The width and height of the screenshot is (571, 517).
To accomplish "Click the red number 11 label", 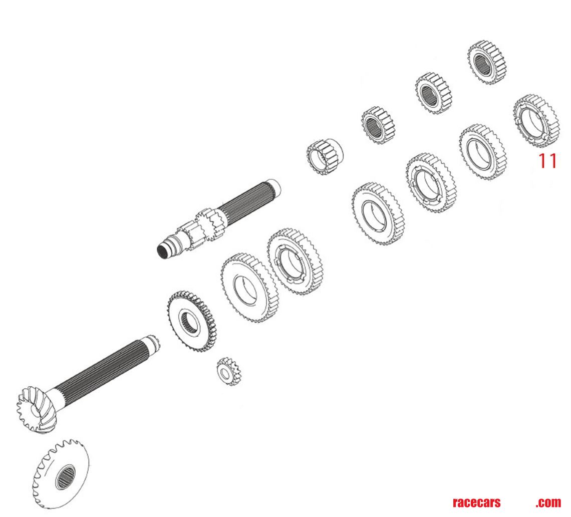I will pyautogui.click(x=547, y=161).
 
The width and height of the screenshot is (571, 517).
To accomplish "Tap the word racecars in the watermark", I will pyautogui.click(x=476, y=502).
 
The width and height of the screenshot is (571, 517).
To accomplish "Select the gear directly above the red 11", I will pyautogui.click(x=536, y=120).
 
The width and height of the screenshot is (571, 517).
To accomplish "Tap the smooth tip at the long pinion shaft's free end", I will pyautogui.click(x=152, y=343).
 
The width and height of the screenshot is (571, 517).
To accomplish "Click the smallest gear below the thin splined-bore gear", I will pyautogui.click(x=229, y=371).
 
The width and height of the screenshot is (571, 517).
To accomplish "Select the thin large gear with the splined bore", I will pyautogui.click(x=191, y=321).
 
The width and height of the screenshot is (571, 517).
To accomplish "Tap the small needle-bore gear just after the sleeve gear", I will pyautogui.click(x=379, y=124).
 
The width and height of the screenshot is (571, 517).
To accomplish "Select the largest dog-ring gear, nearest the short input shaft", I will pyautogui.click(x=295, y=261).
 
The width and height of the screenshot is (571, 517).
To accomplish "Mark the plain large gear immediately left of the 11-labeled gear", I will pyautogui.click(x=482, y=151).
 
